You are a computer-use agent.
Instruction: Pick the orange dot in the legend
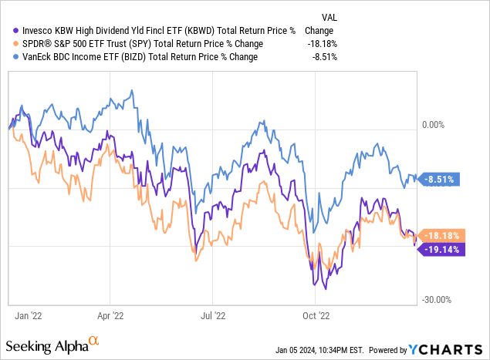(9, 43)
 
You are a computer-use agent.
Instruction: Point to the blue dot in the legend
(9, 57)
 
